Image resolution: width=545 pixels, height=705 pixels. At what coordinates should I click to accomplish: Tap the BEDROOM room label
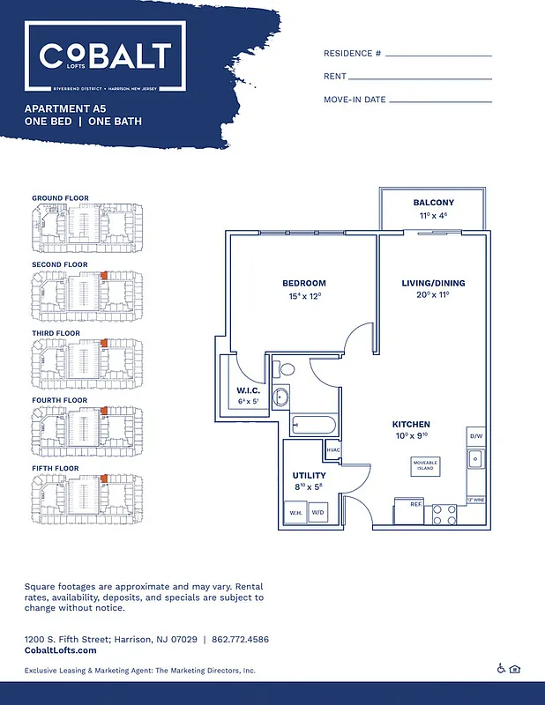pos(304,283)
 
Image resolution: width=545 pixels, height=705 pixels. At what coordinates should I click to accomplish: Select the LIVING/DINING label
pos(433,283)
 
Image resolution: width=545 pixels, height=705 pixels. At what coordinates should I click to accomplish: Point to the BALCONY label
pos(433,203)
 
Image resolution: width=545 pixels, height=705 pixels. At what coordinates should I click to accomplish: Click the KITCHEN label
pos(411,424)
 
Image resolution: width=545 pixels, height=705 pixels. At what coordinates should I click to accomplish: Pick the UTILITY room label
pos(309,475)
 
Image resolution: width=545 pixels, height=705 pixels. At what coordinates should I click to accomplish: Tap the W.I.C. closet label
pos(246,390)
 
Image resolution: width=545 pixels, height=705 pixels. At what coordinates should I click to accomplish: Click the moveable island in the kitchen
pos(425,465)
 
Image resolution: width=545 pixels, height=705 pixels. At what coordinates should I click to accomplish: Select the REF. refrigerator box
pos(416,505)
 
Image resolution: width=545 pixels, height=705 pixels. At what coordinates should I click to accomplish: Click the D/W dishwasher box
pos(475,436)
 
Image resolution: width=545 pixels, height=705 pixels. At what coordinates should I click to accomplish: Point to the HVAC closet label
pos(332,450)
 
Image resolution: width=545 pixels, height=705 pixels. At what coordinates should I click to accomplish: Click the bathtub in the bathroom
pos(313,427)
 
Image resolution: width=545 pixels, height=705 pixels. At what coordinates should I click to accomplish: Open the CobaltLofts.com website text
pos(60,650)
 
